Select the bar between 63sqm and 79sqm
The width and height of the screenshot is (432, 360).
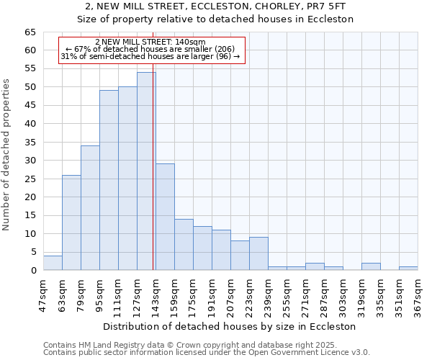[71, 222]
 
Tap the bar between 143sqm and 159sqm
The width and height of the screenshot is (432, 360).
[165, 217]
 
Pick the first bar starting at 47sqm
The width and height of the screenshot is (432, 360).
[53, 263]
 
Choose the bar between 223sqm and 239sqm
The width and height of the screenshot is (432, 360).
[258, 253]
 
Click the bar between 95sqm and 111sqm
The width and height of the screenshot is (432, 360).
[109, 180]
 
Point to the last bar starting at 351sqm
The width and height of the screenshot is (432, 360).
[408, 269]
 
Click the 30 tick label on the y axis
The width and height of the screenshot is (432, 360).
[30, 161]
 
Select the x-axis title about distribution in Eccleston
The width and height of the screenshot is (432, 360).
[230, 326]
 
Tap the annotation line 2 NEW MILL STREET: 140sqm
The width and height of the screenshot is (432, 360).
[150, 42]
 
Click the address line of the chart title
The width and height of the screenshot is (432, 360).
[215, 6]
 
